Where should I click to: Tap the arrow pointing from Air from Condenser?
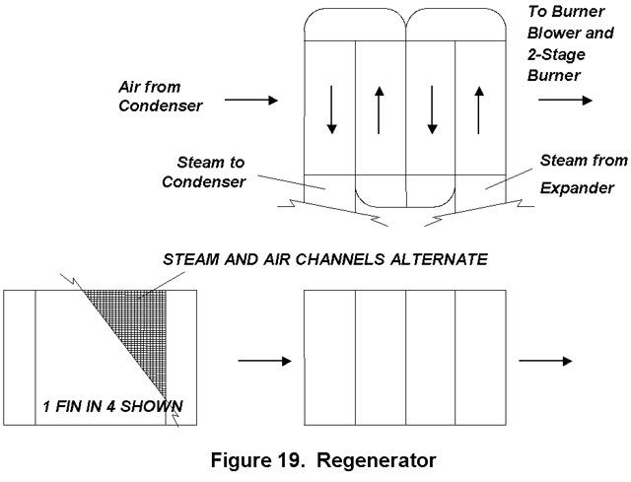(x=245, y=101)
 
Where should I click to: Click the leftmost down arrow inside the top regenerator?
(x=332, y=109)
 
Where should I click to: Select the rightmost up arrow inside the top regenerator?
(x=480, y=109)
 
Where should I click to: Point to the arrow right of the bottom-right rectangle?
(x=545, y=362)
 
